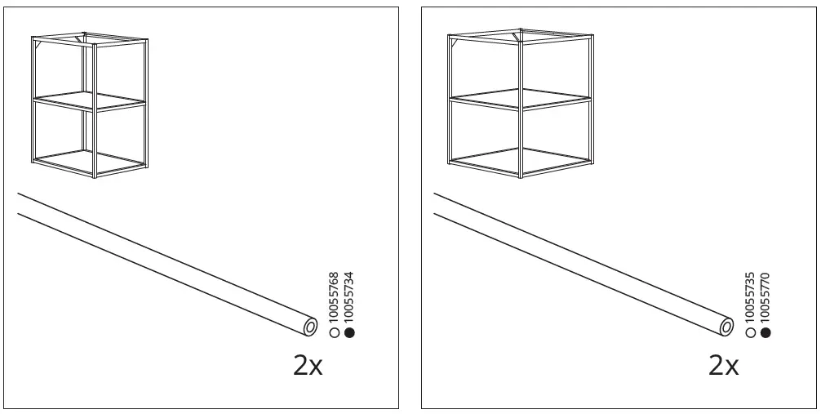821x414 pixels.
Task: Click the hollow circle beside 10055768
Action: [334, 332]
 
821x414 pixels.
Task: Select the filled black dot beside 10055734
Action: [349, 332]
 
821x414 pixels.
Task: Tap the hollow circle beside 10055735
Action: [750, 332]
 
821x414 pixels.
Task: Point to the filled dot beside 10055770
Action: [766, 332]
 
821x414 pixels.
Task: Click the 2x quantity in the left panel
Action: [308, 366]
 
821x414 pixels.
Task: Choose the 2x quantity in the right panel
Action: [724, 366]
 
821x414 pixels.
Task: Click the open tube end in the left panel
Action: [310, 327]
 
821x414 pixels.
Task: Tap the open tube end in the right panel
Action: [726, 327]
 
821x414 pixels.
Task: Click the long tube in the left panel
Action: [167, 264]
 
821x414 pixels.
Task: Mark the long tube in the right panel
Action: [584, 264]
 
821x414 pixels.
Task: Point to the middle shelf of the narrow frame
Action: [89, 101]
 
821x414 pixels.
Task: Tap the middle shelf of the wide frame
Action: [521, 100]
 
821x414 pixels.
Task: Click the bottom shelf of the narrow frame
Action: [89, 162]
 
